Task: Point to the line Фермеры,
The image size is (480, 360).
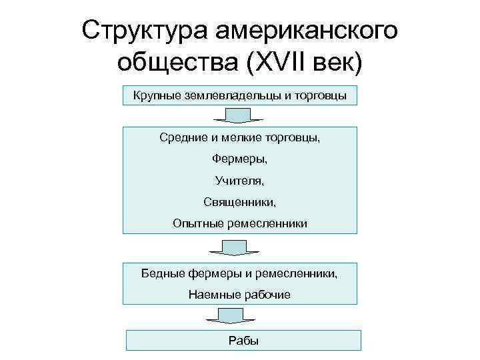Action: pyautogui.click(x=239, y=159)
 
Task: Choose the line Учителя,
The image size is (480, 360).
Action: pyautogui.click(x=239, y=180)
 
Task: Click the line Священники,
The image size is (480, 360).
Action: pyautogui.click(x=239, y=201)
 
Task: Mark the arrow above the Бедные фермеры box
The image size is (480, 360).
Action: pyautogui.click(x=230, y=248)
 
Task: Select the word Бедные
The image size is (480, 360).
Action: pyautogui.click(x=164, y=273)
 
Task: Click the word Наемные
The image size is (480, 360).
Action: pyautogui.click(x=213, y=294)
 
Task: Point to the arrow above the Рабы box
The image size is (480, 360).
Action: pyautogui.click(x=226, y=317)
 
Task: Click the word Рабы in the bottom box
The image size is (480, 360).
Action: pyautogui.click(x=243, y=341)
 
